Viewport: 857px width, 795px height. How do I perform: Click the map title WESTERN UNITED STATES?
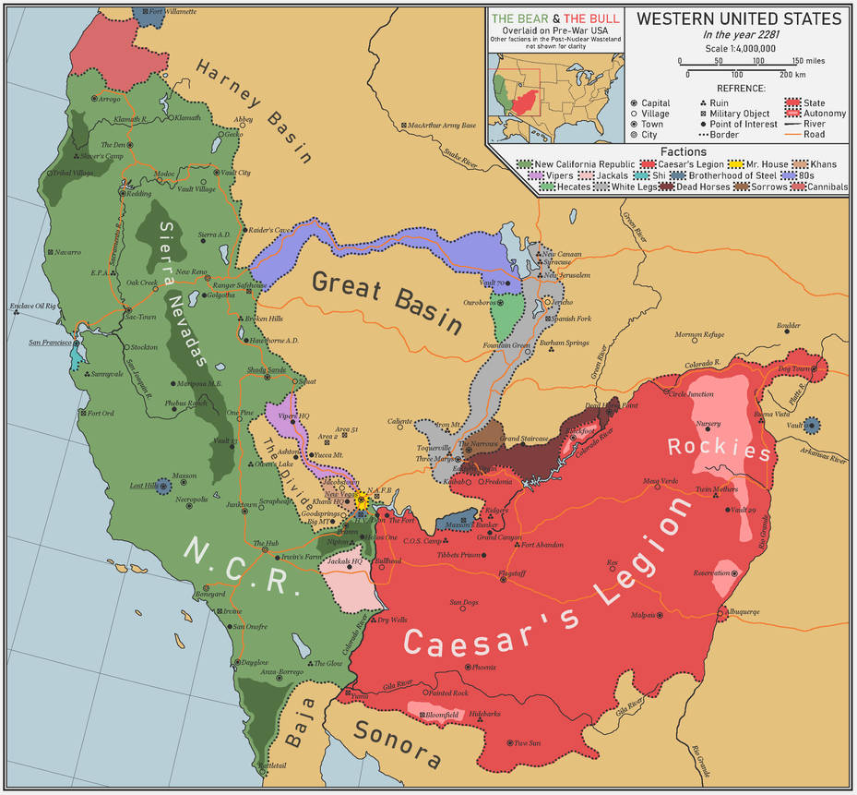pyautogui.click(x=740, y=18)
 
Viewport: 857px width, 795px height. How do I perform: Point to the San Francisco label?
pyautogui.click(x=49, y=343)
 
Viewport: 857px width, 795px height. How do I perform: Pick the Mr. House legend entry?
pyautogui.click(x=762, y=164)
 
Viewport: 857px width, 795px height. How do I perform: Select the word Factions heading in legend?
pyautogui.click(x=684, y=151)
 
